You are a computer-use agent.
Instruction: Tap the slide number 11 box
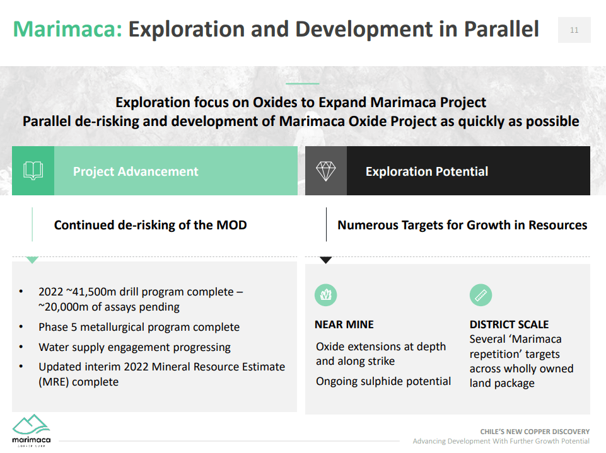[x=574, y=30]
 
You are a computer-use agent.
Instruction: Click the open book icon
[x=33, y=171]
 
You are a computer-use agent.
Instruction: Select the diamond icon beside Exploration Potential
[x=326, y=171]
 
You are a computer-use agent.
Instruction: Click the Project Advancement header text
[x=136, y=171]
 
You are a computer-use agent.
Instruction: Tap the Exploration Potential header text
[x=427, y=171]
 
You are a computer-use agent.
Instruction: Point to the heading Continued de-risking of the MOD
[x=150, y=225]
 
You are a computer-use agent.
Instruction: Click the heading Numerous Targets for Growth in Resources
[x=462, y=225]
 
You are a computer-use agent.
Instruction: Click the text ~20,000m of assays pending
[x=109, y=307]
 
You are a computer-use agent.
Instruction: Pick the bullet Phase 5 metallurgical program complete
[x=139, y=327]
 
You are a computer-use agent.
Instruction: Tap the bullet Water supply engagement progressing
[x=134, y=347]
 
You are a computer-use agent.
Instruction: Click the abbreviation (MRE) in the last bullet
[x=55, y=382]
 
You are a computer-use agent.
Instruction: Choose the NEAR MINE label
[x=344, y=324]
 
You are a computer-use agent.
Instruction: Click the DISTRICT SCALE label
[x=509, y=324]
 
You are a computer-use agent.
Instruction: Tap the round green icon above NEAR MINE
[x=326, y=295]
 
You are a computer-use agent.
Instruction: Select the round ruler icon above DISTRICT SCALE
[x=481, y=295]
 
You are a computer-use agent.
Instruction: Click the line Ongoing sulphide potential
[x=383, y=381]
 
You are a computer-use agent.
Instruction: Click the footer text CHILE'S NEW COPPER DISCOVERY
[x=535, y=432]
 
